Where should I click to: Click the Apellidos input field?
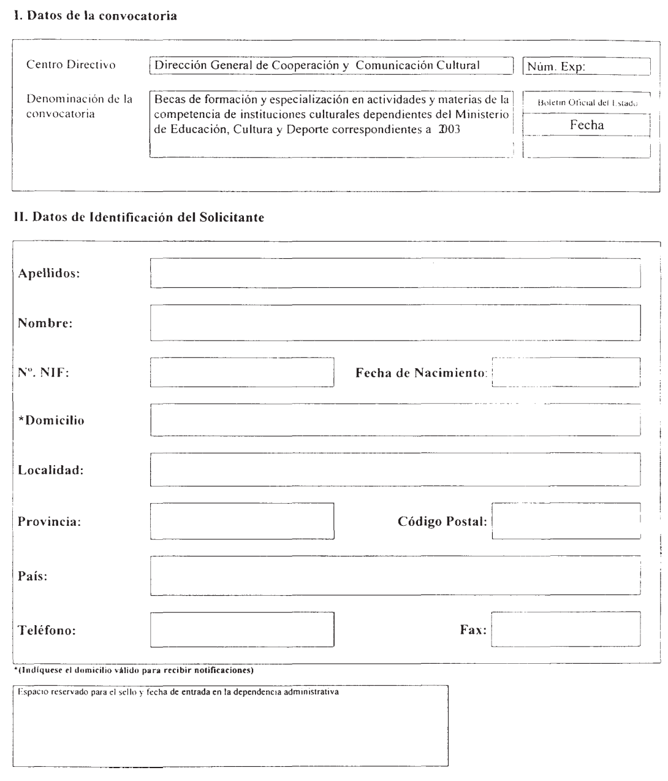(395, 273)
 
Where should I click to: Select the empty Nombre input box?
(395, 323)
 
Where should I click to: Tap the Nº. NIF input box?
(242, 372)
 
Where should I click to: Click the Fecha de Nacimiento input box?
(566, 372)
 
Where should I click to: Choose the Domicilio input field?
(395, 420)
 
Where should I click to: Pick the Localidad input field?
(395, 469)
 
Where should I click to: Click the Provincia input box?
(242, 521)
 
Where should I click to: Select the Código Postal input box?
(566, 521)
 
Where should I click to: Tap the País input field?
(395, 575)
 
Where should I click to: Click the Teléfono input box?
(242, 629)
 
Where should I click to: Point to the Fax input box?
(566, 629)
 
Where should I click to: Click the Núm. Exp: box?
(586, 66)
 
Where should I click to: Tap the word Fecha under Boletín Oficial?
(586, 125)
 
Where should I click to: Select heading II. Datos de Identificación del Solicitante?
(139, 218)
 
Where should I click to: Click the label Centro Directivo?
(70, 65)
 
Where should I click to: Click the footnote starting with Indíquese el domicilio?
(134, 671)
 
